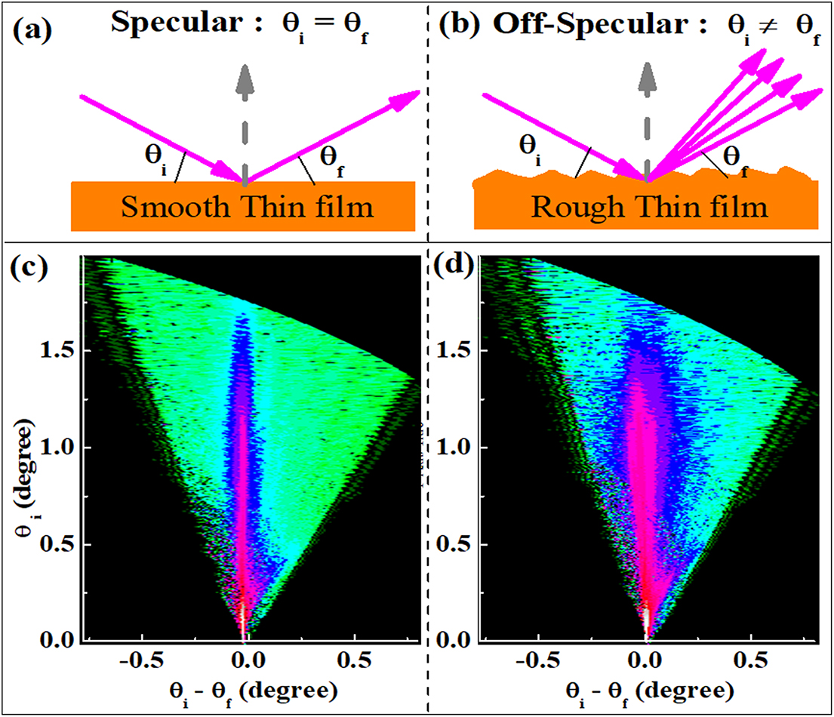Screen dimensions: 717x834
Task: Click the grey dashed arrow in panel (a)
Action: tap(244, 121)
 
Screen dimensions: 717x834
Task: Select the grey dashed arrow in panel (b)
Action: tap(646, 121)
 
